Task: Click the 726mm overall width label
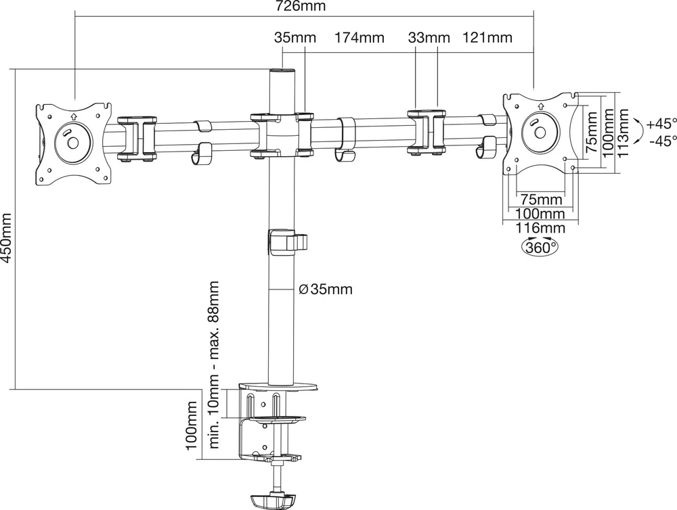(301, 6)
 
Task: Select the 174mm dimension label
(359, 38)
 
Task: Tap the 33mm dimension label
(429, 38)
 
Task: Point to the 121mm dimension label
(487, 38)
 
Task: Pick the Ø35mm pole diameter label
(326, 289)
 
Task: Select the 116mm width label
(540, 227)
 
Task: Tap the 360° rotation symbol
(540, 247)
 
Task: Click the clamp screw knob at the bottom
(272, 501)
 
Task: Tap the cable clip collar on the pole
(288, 241)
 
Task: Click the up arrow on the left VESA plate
(74, 116)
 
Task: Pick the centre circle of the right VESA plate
(540, 133)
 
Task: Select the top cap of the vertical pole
(282, 70)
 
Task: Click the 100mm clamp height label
(192, 425)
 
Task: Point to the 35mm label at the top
(295, 38)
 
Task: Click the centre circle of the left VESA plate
(73, 142)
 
